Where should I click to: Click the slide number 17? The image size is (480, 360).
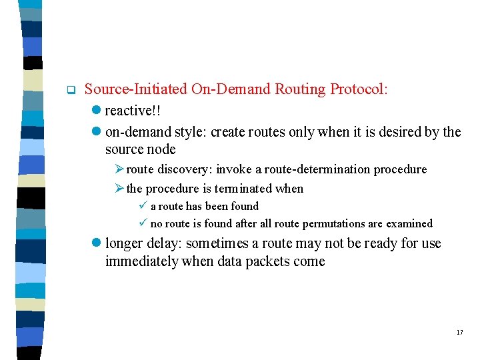click(459, 332)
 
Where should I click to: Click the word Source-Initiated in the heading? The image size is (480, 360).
click(136, 89)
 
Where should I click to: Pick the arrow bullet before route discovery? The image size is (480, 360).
click(119, 170)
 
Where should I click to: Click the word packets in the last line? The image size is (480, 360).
click(271, 261)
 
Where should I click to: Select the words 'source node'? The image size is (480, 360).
click(141, 149)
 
